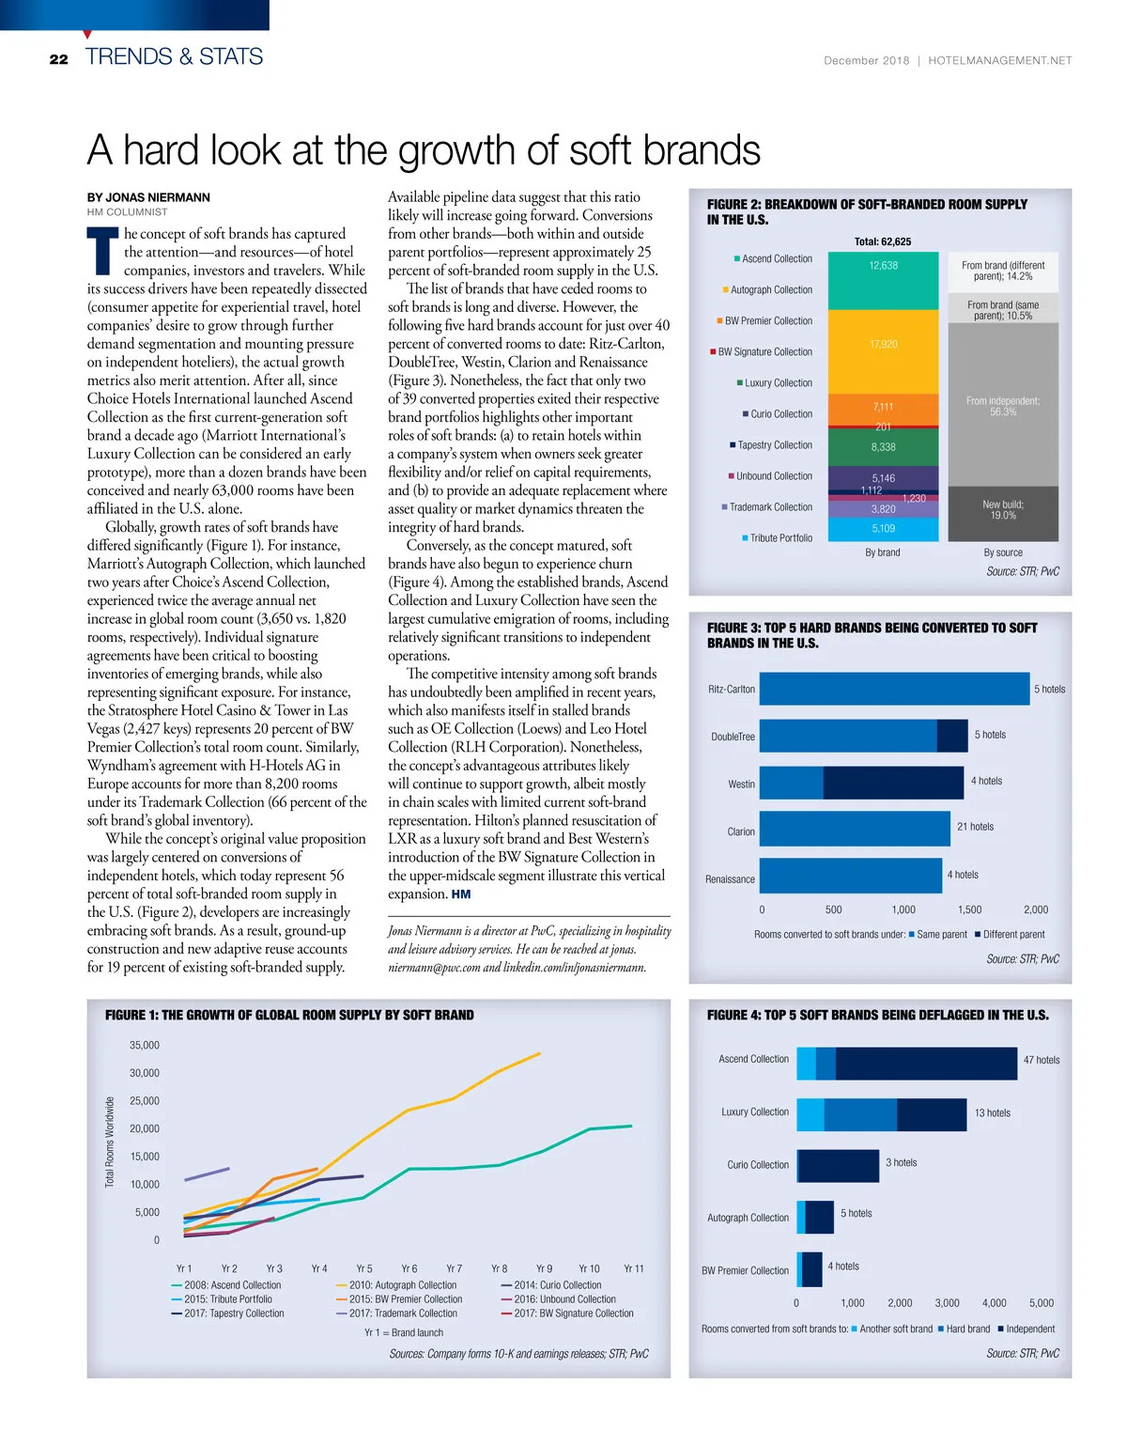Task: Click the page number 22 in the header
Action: pyautogui.click(x=58, y=59)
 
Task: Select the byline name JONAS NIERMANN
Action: pyautogui.click(x=148, y=197)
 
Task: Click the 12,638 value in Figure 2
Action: pyautogui.click(x=883, y=266)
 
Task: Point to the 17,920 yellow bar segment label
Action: pyautogui.click(x=883, y=345)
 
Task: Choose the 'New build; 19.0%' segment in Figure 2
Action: pyautogui.click(x=1003, y=510)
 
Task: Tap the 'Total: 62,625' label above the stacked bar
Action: pyautogui.click(x=883, y=241)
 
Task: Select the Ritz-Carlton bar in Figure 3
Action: pyautogui.click(x=893, y=689)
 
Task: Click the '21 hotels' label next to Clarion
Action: pyautogui.click(x=975, y=827)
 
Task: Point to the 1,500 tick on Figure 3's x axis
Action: pyautogui.click(x=969, y=909)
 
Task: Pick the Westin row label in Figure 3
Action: pyautogui.click(x=741, y=785)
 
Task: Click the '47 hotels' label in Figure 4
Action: pyautogui.click(x=1042, y=1060)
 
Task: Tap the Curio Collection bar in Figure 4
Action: pyautogui.click(x=838, y=1165)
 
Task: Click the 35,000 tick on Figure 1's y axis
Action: pyautogui.click(x=145, y=1045)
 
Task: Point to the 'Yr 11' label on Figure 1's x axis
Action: pyautogui.click(x=634, y=1268)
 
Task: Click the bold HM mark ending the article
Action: pyautogui.click(x=461, y=894)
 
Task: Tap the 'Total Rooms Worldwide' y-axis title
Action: pyautogui.click(x=110, y=1142)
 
